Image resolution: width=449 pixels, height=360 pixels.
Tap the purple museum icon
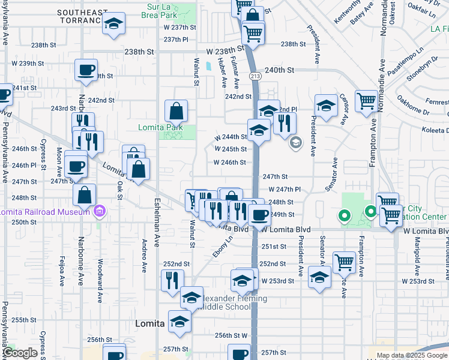tap(100, 211)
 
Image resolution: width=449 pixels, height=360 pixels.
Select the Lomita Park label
tap(160, 127)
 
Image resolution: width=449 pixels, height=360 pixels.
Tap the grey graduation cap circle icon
tap(295, 142)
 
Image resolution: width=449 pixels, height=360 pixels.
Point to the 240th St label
tap(279, 70)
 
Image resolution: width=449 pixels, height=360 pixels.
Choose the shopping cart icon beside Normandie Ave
tap(366, 101)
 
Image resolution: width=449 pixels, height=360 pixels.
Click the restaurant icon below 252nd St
tap(172, 280)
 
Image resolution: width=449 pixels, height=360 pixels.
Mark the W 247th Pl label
tap(284, 189)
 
